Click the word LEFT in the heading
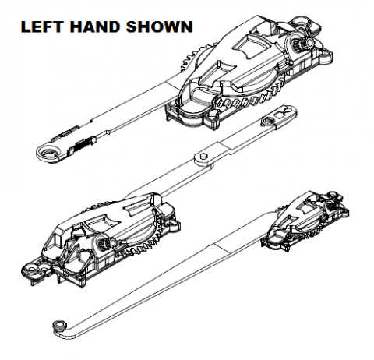42,27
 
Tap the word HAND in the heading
95,27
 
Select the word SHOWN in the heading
160,27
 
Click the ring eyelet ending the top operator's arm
49,154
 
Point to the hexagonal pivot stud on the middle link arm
203,156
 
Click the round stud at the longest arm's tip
59,326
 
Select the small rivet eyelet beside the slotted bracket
267,121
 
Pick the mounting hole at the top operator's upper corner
302,22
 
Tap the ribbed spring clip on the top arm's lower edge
84,142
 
